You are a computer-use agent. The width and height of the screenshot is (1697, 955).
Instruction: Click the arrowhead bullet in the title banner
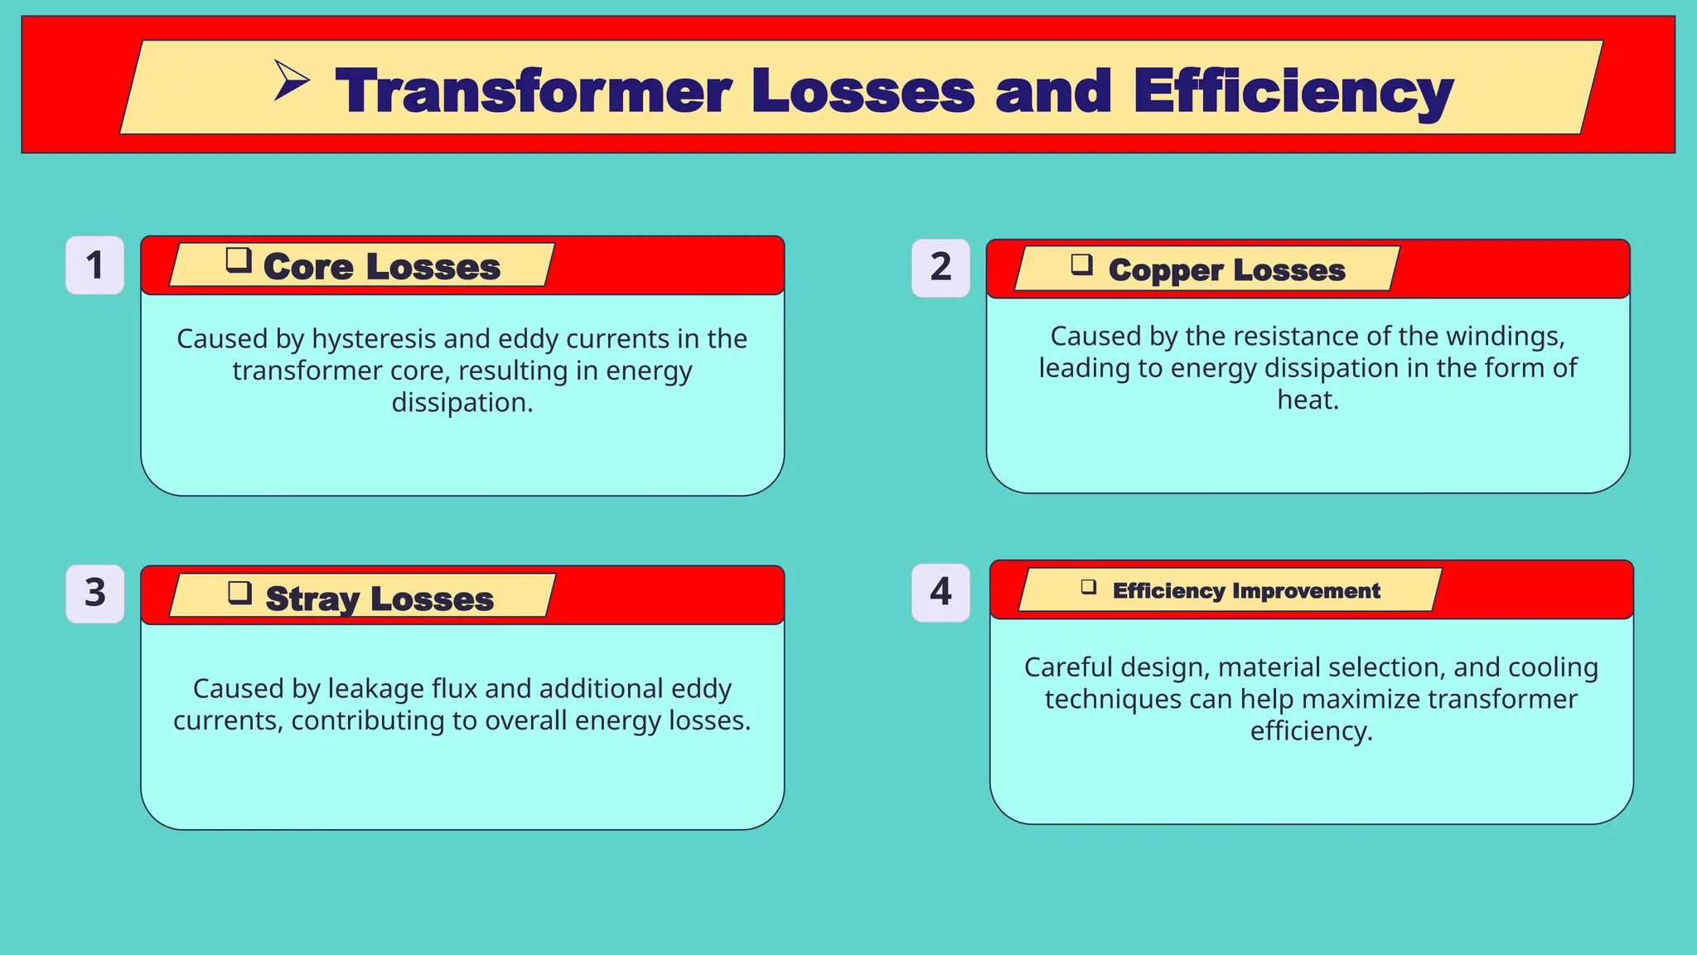point(291,81)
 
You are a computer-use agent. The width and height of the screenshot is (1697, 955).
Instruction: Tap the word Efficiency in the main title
point(1293,92)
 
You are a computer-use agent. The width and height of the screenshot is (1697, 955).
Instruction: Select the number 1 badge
point(95,265)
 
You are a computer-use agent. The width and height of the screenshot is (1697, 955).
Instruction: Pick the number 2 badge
point(940,268)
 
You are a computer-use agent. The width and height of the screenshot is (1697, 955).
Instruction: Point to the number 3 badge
point(95,594)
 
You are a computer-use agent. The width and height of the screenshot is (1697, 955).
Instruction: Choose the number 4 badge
point(940,592)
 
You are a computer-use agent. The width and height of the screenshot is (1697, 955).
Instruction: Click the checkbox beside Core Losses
point(239,260)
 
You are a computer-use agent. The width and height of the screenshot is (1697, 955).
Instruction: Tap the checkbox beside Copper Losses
point(1081,264)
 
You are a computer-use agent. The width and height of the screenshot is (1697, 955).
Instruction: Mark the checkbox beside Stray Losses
point(239,593)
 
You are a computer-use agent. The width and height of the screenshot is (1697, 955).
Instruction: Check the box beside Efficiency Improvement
point(1089,587)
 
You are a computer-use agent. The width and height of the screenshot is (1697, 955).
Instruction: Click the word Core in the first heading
point(308,267)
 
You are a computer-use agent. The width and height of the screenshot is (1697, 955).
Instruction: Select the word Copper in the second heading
point(1165,270)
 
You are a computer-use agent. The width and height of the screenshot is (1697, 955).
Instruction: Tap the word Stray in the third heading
point(312,599)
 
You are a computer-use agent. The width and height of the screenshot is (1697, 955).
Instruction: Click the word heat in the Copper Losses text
point(1307,400)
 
